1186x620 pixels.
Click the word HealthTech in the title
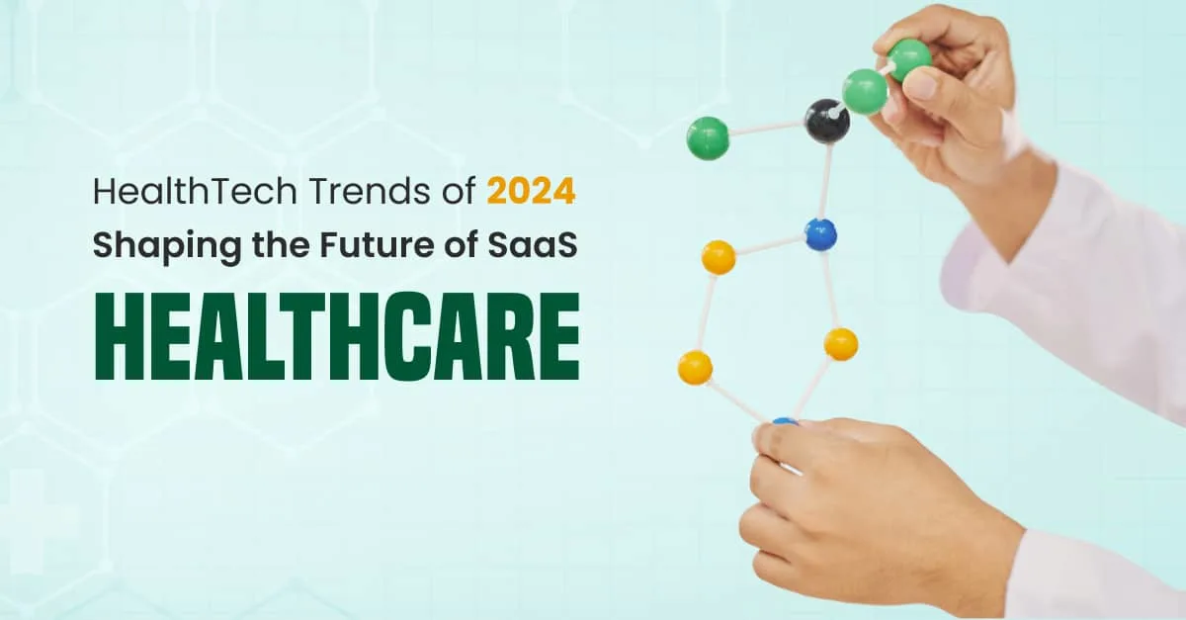195,191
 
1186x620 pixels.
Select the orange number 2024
531,191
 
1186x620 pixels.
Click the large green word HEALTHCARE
337,337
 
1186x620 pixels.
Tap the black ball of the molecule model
826,121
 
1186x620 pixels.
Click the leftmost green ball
708,137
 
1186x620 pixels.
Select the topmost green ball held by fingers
908,59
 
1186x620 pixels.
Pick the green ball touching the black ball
864,91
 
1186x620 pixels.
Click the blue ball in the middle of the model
820,234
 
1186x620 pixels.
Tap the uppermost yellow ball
719,257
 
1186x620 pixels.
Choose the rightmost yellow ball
841,344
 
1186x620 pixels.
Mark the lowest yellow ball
695,367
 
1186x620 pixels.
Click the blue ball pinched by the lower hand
785,422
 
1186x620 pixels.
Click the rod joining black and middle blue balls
825,180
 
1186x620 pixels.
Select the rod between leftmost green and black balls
767,129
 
